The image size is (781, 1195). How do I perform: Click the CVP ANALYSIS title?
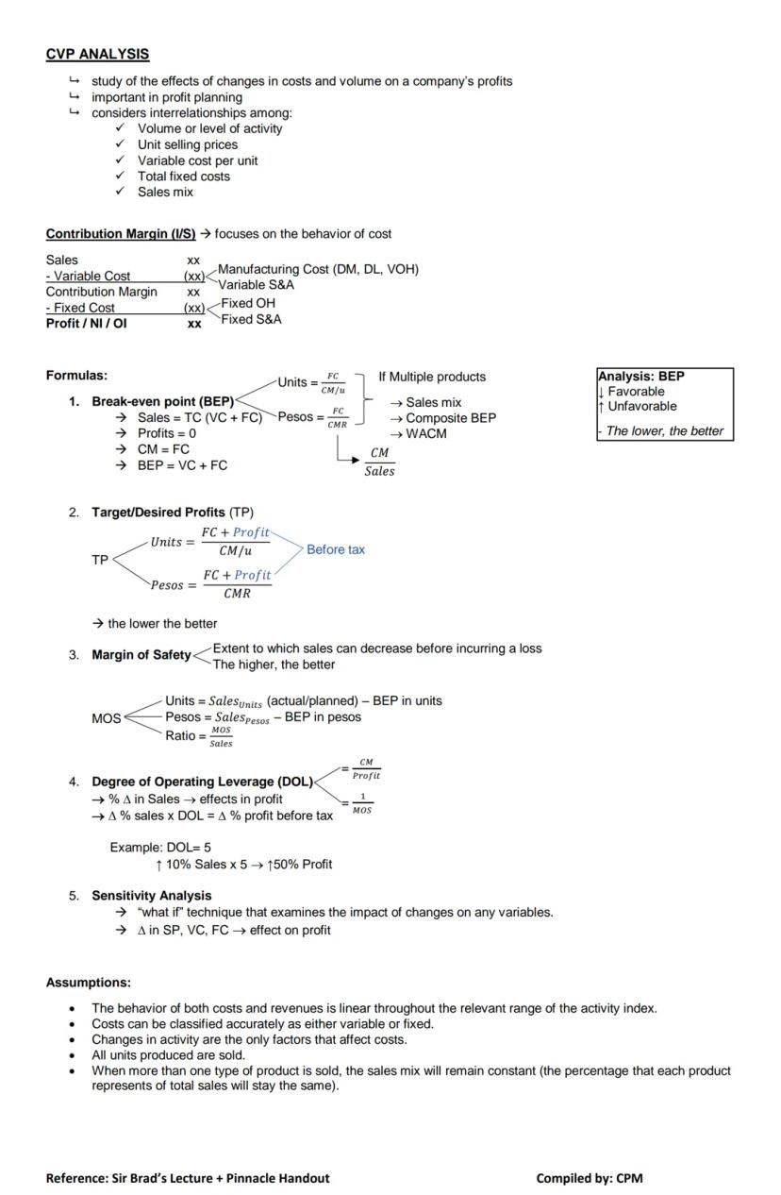pyautogui.click(x=97, y=55)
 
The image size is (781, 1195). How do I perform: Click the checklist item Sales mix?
pyautogui.click(x=165, y=192)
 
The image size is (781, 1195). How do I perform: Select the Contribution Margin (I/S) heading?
pyautogui.click(x=121, y=234)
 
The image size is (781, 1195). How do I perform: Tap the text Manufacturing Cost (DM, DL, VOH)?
pyautogui.click(x=318, y=269)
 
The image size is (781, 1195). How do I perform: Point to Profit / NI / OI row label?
pyautogui.click(x=86, y=323)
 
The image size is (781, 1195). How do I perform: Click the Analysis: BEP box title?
pyautogui.click(x=641, y=376)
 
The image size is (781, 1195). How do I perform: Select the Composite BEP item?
pyautogui.click(x=450, y=418)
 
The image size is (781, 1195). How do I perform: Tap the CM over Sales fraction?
pyautogui.click(x=379, y=462)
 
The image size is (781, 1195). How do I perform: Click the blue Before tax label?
pyautogui.click(x=335, y=549)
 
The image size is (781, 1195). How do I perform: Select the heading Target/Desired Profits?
pyautogui.click(x=158, y=512)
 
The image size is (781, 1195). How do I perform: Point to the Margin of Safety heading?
pyautogui.click(x=141, y=655)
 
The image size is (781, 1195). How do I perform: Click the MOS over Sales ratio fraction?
pyautogui.click(x=221, y=736)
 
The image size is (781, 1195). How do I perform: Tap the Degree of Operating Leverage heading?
pyautogui.click(x=201, y=782)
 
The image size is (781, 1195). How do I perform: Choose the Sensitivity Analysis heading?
pyautogui.click(x=151, y=896)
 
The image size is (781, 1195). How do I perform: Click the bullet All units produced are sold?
pyautogui.click(x=168, y=1055)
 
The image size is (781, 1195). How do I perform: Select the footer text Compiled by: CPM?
pyautogui.click(x=589, y=1178)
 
